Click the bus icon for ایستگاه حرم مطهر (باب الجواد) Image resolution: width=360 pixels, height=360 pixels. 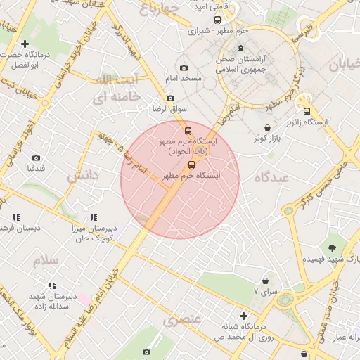[187, 131]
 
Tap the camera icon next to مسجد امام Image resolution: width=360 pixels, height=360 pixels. [184, 68]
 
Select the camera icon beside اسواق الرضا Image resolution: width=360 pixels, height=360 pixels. [170, 98]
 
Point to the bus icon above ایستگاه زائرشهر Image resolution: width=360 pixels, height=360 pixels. [306, 111]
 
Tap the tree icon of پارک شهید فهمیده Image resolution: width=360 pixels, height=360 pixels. [331, 247]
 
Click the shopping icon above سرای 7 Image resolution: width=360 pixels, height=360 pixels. [265, 280]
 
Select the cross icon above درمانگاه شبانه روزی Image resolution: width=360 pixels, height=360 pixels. [243, 316]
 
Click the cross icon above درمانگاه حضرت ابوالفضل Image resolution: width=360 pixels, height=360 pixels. [25, 44]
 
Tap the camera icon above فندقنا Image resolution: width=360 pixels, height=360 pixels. [36, 158]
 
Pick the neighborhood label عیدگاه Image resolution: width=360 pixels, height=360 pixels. [272, 178]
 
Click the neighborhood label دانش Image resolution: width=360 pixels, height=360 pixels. [82, 176]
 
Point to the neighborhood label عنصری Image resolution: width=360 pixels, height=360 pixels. [182, 321]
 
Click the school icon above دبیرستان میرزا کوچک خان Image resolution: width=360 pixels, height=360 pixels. [94, 217]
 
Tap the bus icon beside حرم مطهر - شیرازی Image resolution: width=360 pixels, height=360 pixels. [193, 31]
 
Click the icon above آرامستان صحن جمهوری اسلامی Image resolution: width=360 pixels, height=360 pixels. [241, 49]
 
